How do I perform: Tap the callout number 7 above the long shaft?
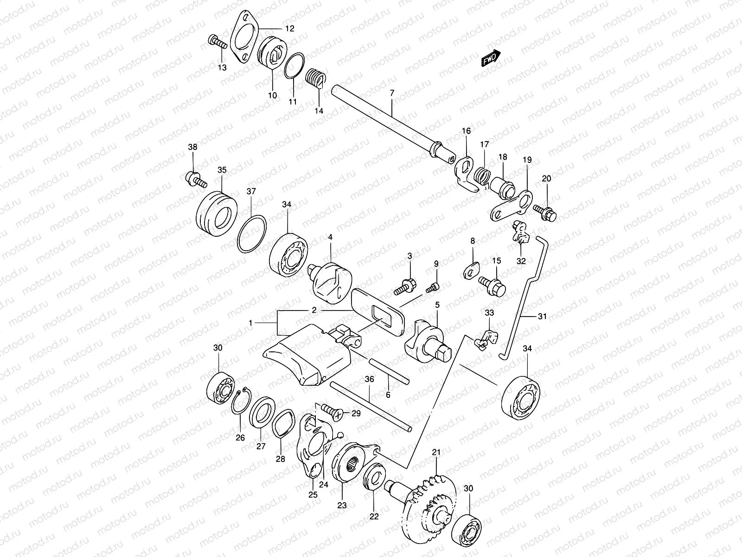pos(392,93)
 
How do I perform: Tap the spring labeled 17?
pos(483,176)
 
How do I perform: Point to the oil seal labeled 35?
pos(217,213)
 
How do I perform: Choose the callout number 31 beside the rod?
pos(542,317)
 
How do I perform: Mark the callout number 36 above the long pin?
pos(369,379)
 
